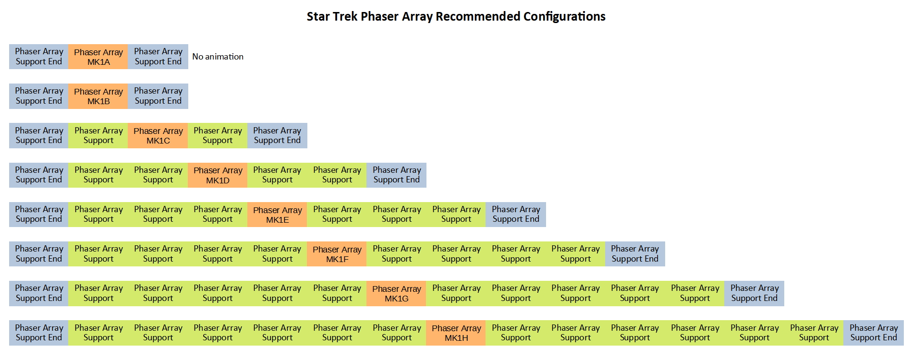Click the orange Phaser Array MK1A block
coord(98,57)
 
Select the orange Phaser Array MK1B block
coord(98,96)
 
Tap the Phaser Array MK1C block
coord(158,135)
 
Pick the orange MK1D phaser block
coord(218,175)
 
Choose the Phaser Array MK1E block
coord(277,215)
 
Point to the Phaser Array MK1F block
coord(337,254)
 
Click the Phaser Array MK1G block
coord(396,293)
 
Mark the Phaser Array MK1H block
coord(456,333)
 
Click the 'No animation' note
coord(218,57)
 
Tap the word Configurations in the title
coord(564,16)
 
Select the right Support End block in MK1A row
coord(158,57)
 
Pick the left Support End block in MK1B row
coord(39,96)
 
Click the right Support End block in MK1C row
coord(277,135)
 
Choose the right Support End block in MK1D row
coord(396,175)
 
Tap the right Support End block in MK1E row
coord(516,215)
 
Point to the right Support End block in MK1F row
coord(635,254)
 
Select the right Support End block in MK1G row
coord(754,293)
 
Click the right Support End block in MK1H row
coord(874,333)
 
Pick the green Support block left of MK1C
coord(98,135)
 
